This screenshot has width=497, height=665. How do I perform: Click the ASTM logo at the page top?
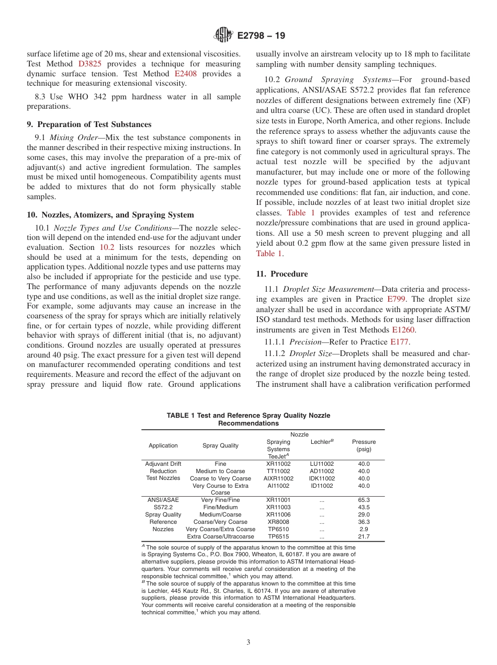click(x=223, y=36)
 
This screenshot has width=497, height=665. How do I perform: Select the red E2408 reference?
click(x=185, y=74)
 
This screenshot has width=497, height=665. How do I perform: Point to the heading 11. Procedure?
click(x=281, y=274)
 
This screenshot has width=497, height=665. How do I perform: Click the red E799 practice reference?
click(x=396, y=300)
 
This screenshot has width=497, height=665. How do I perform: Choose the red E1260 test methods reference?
click(x=404, y=330)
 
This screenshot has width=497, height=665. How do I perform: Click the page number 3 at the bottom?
click(x=249, y=642)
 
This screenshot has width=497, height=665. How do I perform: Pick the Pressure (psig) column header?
click(x=364, y=445)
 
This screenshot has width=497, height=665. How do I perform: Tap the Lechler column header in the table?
click(x=322, y=442)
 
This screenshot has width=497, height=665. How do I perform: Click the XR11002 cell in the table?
click(x=278, y=464)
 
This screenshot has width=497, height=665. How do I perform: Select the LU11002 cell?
click(x=322, y=464)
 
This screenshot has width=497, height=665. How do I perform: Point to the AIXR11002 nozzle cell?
click(x=278, y=478)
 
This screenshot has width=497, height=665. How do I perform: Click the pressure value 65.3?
click(x=364, y=500)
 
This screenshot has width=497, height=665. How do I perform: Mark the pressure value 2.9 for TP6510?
click(x=364, y=529)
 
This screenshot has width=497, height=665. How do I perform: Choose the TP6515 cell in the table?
click(x=278, y=536)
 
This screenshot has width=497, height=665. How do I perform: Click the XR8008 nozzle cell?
click(x=278, y=522)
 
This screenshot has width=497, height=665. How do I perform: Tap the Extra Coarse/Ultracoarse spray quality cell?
click(x=220, y=536)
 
